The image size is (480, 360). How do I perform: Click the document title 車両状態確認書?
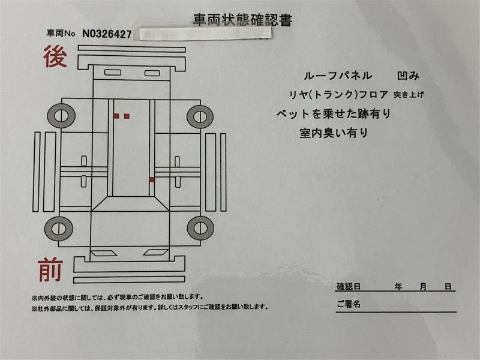pos(242,20)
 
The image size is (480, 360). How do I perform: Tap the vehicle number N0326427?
pos(107,34)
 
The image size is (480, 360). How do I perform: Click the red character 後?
pos(55,56)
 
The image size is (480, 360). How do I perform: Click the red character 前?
pos(50,269)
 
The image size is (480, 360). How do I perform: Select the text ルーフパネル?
pos(338,76)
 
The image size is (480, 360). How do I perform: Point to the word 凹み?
pos(408,76)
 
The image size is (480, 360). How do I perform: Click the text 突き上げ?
pos(409,95)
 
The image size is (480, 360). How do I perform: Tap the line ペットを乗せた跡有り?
pos(334,114)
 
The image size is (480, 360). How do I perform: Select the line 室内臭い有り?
pos(334,133)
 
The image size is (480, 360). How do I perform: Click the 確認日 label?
pos(349,287)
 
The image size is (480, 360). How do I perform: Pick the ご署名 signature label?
pos(349,304)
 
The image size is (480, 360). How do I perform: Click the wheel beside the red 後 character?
pos(61,116)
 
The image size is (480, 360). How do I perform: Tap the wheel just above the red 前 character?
pos(58,229)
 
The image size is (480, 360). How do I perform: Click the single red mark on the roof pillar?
pos(152,179)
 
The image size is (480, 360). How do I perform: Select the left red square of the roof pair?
pos(116,116)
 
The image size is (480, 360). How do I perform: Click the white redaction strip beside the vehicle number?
pos(205,34)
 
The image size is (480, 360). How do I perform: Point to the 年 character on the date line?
pos(398,287)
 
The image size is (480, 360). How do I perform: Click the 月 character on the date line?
pos(423,287)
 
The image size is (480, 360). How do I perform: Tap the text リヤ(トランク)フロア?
pos(339,95)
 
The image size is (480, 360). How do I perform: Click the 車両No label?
pos(61,33)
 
